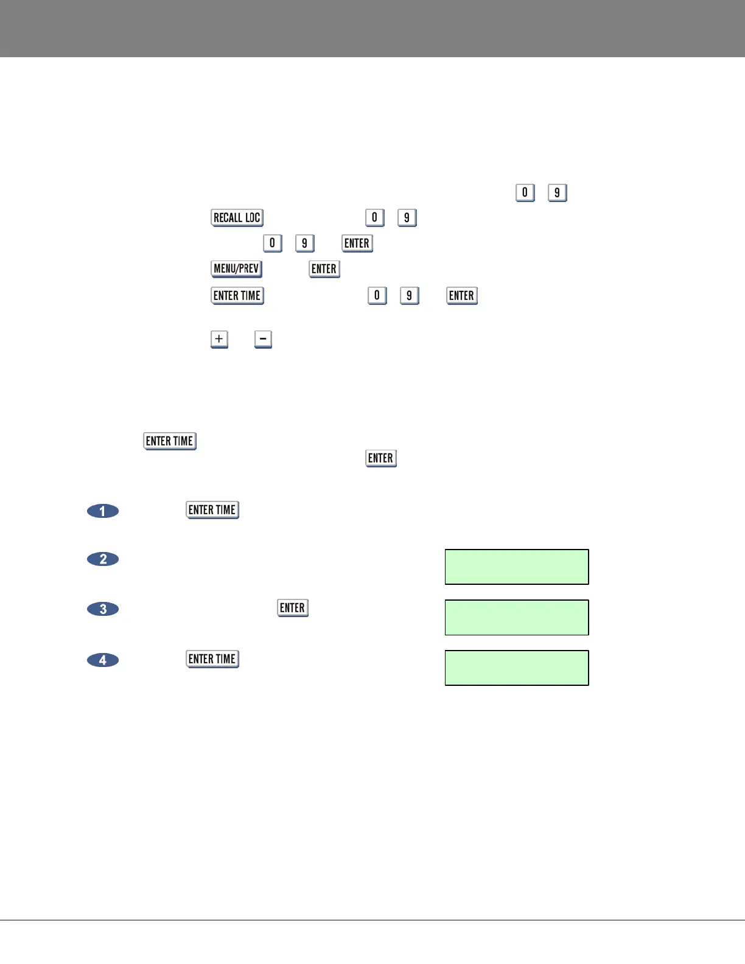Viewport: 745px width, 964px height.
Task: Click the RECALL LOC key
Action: coord(237,218)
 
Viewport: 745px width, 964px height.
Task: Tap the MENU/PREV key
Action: coord(236,269)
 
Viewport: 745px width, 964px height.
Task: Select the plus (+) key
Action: coord(219,339)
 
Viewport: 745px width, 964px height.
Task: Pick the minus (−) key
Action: coord(263,339)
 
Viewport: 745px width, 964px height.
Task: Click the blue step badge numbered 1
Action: coord(103,511)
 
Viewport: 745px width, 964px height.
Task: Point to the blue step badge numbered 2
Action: coord(103,559)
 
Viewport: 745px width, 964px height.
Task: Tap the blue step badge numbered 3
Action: coord(103,609)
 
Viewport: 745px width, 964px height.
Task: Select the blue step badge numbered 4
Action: coord(103,660)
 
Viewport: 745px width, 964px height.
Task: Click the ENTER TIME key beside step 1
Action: coord(212,510)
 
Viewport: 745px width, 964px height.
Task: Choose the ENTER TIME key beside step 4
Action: coord(212,659)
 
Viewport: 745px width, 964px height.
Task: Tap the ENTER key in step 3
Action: coord(292,608)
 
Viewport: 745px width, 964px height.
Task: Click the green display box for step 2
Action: coord(517,567)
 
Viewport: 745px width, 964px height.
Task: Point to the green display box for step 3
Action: coord(517,618)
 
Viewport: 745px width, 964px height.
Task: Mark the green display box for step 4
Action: coord(517,668)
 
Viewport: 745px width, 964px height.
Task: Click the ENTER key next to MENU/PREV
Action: coord(324,269)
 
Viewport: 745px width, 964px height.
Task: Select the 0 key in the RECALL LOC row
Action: coord(374,218)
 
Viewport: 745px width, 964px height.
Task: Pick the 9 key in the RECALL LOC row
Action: coord(407,218)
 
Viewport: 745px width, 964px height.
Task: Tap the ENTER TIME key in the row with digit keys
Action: coord(237,296)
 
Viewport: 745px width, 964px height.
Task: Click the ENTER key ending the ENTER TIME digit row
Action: coord(461,296)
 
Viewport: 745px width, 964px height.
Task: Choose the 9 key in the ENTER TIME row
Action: coord(409,296)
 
